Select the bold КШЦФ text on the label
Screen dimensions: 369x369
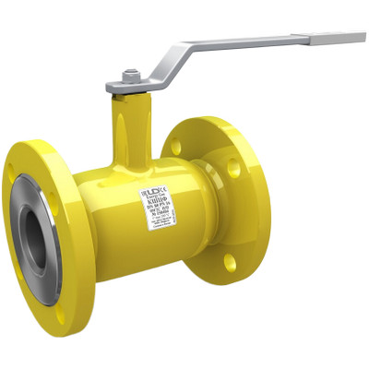click(155, 201)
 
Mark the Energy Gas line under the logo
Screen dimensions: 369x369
click(153, 196)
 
